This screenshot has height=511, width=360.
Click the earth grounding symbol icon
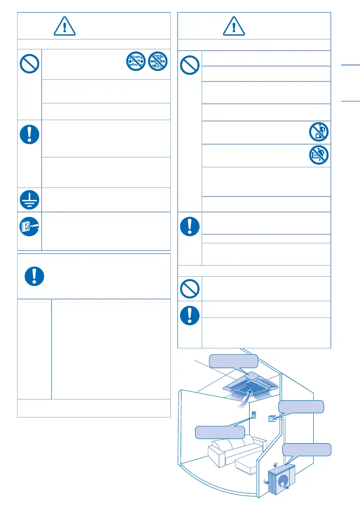click(29, 200)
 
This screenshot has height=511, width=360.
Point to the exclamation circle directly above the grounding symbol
click(29, 133)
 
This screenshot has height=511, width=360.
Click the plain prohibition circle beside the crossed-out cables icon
click(29, 64)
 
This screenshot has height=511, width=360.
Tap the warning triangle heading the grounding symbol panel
click(64, 27)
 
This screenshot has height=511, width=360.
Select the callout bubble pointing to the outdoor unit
click(307, 450)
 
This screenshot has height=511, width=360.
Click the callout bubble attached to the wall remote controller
click(220, 432)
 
